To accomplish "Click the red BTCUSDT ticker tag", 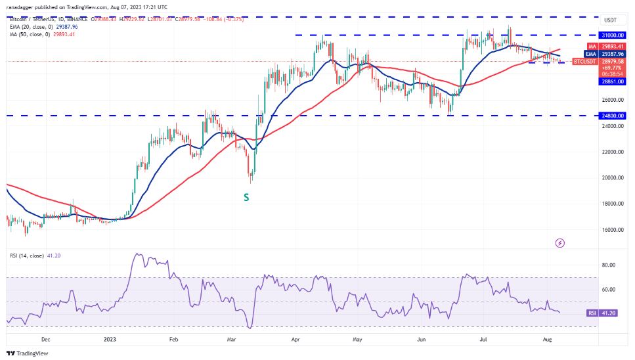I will [x=584, y=61].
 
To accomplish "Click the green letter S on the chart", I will [x=246, y=196].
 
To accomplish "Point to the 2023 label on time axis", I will [x=110, y=340].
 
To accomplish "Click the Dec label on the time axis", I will [x=45, y=340].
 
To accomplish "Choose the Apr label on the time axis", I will [x=296, y=340].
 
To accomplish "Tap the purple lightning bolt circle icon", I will [x=559, y=243].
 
